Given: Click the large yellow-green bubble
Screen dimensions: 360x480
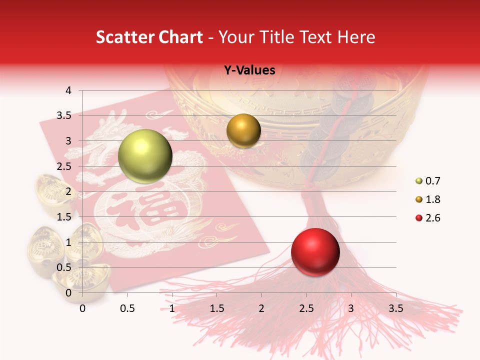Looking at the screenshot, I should [145, 156].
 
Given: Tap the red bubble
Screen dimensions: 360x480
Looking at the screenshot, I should [315, 252].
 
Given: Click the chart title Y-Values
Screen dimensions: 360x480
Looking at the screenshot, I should [249, 70].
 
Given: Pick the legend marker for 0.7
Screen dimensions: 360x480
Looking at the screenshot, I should [418, 181].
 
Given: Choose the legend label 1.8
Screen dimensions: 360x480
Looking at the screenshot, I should [432, 199].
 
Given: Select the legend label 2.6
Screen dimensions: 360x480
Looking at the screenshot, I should [432, 218].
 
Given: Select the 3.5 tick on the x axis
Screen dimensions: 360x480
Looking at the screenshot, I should [396, 308].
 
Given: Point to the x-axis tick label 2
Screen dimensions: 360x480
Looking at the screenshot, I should [261, 308].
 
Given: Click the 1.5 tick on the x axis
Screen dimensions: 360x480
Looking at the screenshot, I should [216, 308].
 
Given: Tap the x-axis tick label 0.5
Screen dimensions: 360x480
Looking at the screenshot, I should [127, 308].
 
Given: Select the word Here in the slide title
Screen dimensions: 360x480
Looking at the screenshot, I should [356, 37].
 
